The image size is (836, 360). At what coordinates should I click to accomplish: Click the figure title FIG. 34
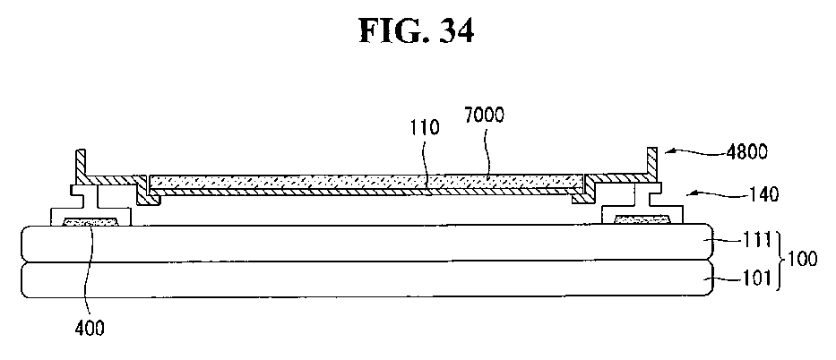pos(417,31)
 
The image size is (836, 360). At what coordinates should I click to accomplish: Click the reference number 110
pos(426,129)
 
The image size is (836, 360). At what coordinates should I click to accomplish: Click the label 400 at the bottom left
pos(90,329)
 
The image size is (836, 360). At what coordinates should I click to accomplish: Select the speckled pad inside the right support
pos(641,218)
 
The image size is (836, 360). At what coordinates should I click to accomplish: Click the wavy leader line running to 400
pos(87,269)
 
